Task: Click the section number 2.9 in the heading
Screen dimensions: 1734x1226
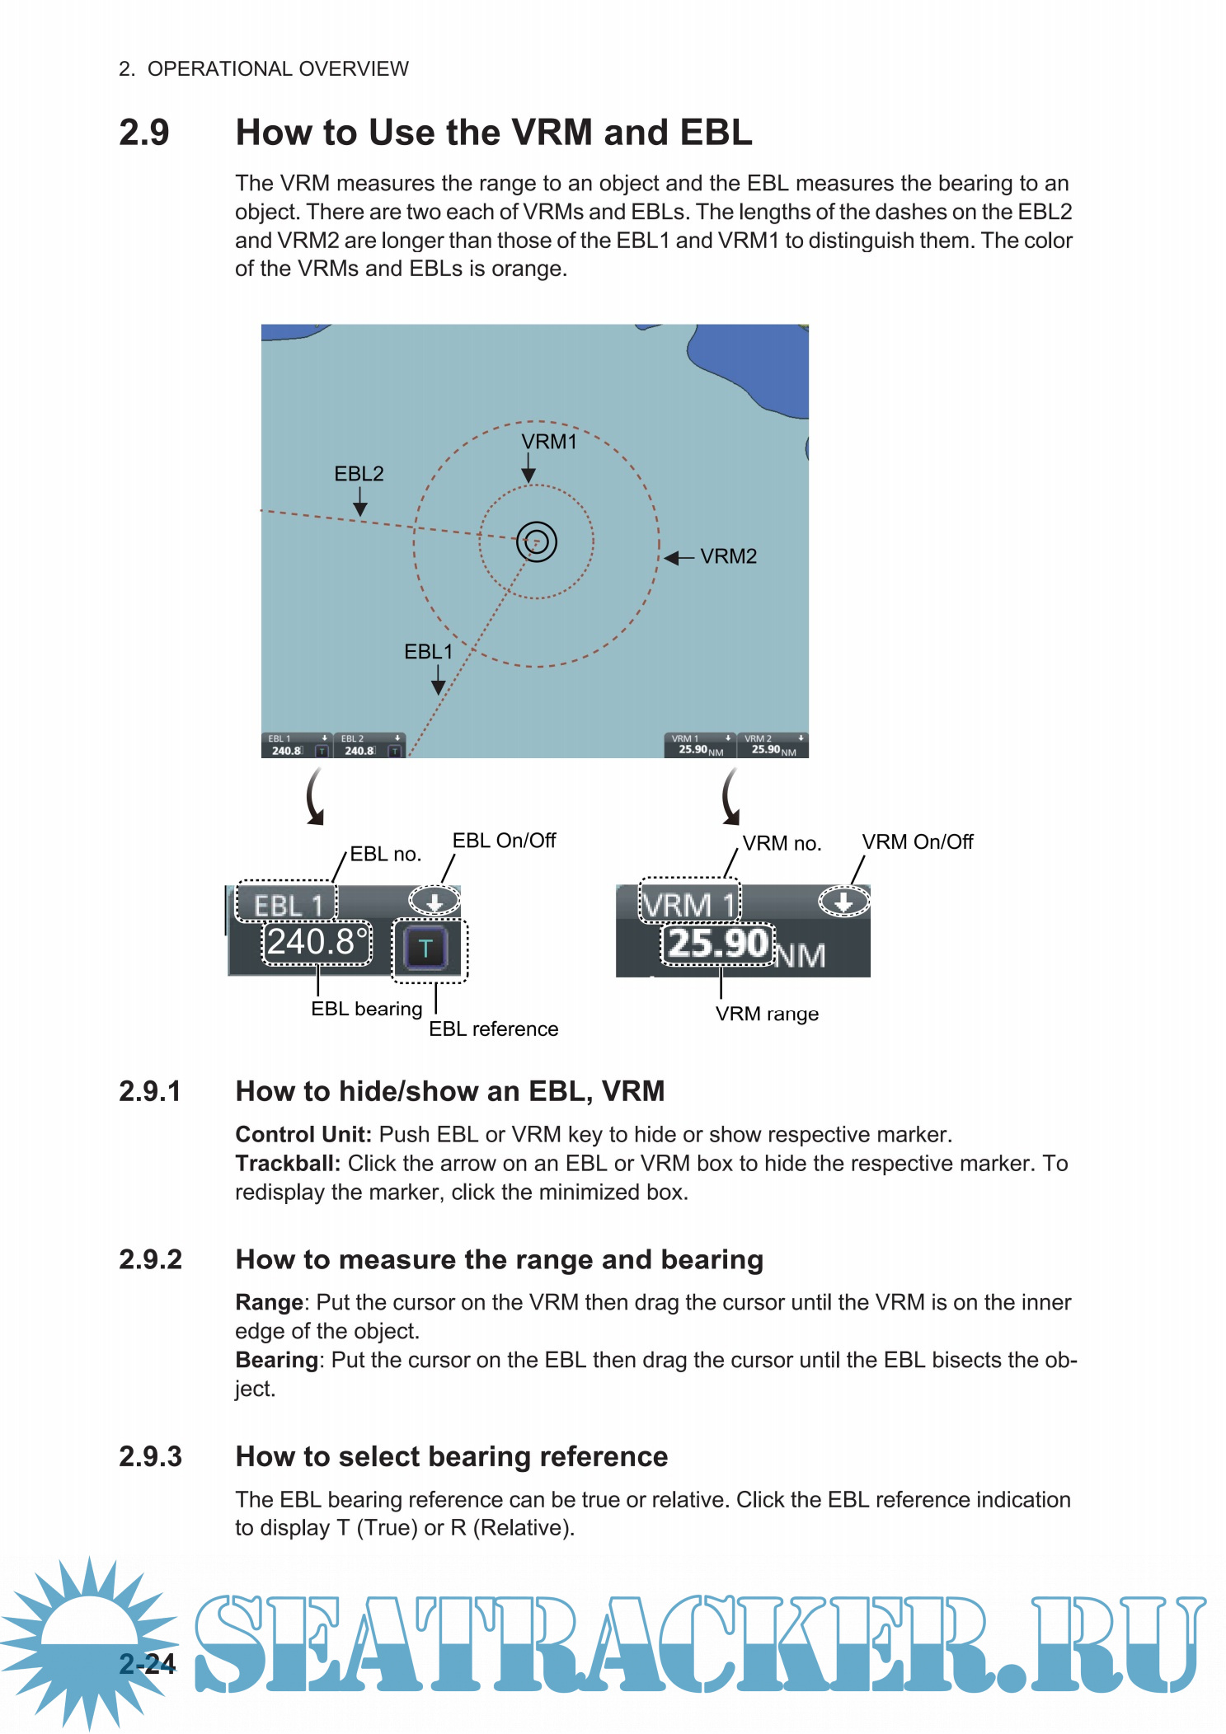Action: (x=144, y=133)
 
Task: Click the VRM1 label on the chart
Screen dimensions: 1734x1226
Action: (x=549, y=443)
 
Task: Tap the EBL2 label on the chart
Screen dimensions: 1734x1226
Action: (x=359, y=474)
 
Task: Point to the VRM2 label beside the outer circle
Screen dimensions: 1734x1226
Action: (x=728, y=557)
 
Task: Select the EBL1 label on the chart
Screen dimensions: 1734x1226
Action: (x=428, y=652)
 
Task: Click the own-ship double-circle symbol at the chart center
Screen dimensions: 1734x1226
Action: (x=537, y=542)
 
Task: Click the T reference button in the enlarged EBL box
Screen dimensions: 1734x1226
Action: (x=425, y=949)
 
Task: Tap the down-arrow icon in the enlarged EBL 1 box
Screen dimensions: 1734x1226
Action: (x=435, y=901)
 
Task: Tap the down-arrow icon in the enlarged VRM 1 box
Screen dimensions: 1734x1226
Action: (x=843, y=902)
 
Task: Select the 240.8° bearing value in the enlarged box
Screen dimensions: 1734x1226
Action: (x=317, y=942)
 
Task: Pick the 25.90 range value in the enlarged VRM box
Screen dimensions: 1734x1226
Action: (x=718, y=944)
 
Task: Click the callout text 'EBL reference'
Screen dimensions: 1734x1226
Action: (x=493, y=1029)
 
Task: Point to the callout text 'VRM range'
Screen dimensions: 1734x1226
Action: (x=767, y=1015)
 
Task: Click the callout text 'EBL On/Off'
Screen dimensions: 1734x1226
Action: (x=504, y=841)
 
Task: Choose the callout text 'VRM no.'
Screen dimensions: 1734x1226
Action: (x=782, y=844)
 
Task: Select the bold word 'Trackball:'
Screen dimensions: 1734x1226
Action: (x=288, y=1164)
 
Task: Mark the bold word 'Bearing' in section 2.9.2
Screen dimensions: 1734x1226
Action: (x=276, y=1360)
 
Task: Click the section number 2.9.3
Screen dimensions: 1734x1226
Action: (x=150, y=1457)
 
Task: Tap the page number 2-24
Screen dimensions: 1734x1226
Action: (x=148, y=1664)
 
